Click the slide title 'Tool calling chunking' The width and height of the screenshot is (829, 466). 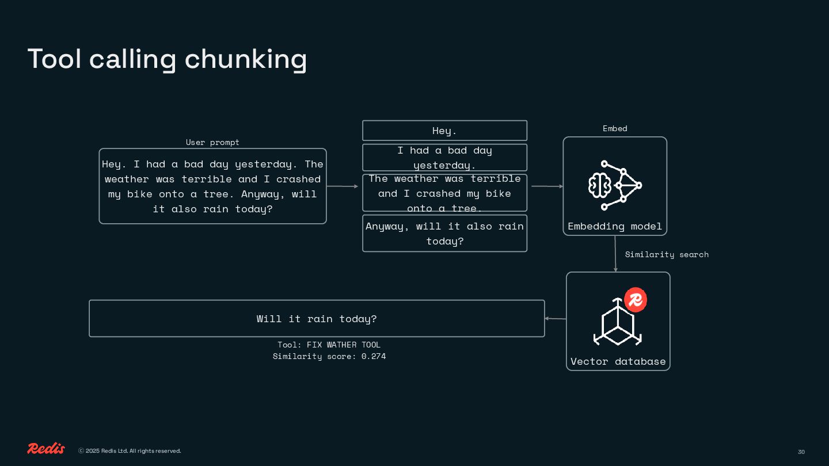167,59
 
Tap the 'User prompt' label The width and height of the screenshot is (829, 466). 212,142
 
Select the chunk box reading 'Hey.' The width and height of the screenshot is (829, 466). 444,131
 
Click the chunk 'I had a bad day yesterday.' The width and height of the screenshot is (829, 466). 444,158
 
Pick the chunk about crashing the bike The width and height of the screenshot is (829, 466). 444,193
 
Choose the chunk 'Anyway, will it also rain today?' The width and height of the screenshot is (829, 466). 444,234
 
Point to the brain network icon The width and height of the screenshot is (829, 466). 615,185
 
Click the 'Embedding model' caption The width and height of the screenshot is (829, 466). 615,226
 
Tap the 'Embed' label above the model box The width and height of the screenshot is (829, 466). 615,128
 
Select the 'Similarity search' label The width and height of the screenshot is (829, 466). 667,254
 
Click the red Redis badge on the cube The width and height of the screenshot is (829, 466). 636,300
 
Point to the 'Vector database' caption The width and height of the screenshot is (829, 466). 618,361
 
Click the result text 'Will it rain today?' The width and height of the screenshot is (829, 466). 317,319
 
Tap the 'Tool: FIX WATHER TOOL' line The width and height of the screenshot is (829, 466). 329,345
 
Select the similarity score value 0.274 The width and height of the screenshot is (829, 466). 374,356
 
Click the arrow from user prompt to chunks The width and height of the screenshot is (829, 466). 343,186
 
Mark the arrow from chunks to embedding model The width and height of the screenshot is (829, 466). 547,186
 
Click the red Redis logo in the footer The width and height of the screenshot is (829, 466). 46,449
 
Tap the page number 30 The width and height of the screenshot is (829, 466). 801,452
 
